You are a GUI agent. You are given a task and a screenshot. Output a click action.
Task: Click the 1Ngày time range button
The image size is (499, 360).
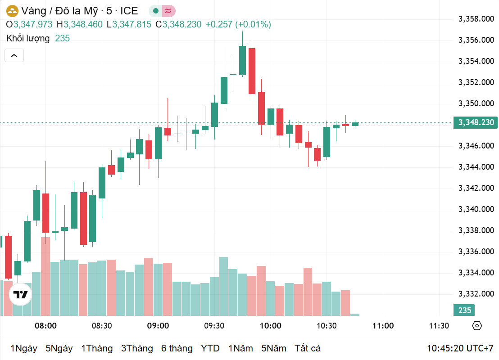(23, 348)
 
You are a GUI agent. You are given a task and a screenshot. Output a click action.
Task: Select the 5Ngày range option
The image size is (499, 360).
(59, 348)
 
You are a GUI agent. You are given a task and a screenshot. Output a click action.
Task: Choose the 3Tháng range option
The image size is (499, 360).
(137, 348)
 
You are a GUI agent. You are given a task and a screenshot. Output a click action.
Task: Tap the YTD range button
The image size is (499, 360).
(210, 348)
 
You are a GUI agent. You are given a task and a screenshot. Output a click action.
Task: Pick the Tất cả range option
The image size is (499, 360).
(308, 348)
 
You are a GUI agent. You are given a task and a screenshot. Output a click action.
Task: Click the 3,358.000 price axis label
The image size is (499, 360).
(476, 19)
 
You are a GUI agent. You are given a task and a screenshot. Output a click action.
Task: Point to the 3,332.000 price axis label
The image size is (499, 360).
(476, 294)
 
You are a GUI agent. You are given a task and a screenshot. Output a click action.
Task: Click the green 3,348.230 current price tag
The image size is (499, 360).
(476, 122)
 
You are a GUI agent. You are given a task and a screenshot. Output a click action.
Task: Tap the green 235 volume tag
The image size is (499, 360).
(465, 310)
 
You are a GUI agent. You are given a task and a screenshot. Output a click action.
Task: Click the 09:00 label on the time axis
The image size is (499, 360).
(158, 326)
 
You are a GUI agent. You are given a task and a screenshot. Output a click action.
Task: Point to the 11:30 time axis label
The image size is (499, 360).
(439, 326)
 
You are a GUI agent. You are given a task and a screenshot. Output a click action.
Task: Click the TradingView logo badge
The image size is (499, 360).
(20, 295)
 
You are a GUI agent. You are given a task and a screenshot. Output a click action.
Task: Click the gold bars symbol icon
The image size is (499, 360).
(12, 11)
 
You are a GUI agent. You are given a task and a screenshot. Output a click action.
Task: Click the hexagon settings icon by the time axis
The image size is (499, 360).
(477, 326)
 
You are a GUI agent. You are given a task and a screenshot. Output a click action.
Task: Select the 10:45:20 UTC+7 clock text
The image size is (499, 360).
(460, 348)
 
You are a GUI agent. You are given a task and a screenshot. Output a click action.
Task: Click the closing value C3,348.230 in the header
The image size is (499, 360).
(178, 24)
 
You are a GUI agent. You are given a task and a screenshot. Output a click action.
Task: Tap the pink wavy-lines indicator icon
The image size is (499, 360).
(169, 11)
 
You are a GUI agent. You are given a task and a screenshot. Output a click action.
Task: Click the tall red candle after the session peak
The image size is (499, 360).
(252, 71)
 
